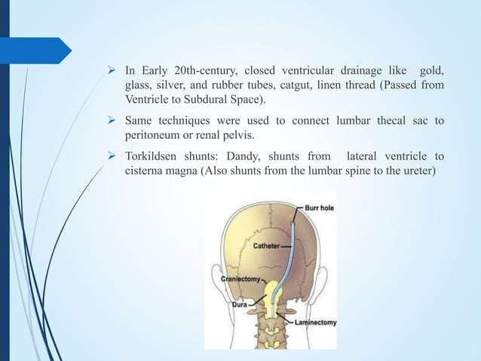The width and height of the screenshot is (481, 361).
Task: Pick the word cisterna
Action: pos(146,171)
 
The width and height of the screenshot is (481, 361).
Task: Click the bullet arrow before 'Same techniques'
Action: pos(112,121)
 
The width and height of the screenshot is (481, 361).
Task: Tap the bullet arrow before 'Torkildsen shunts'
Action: pos(112,157)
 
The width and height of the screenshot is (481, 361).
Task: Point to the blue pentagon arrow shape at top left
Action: pos(38,50)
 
